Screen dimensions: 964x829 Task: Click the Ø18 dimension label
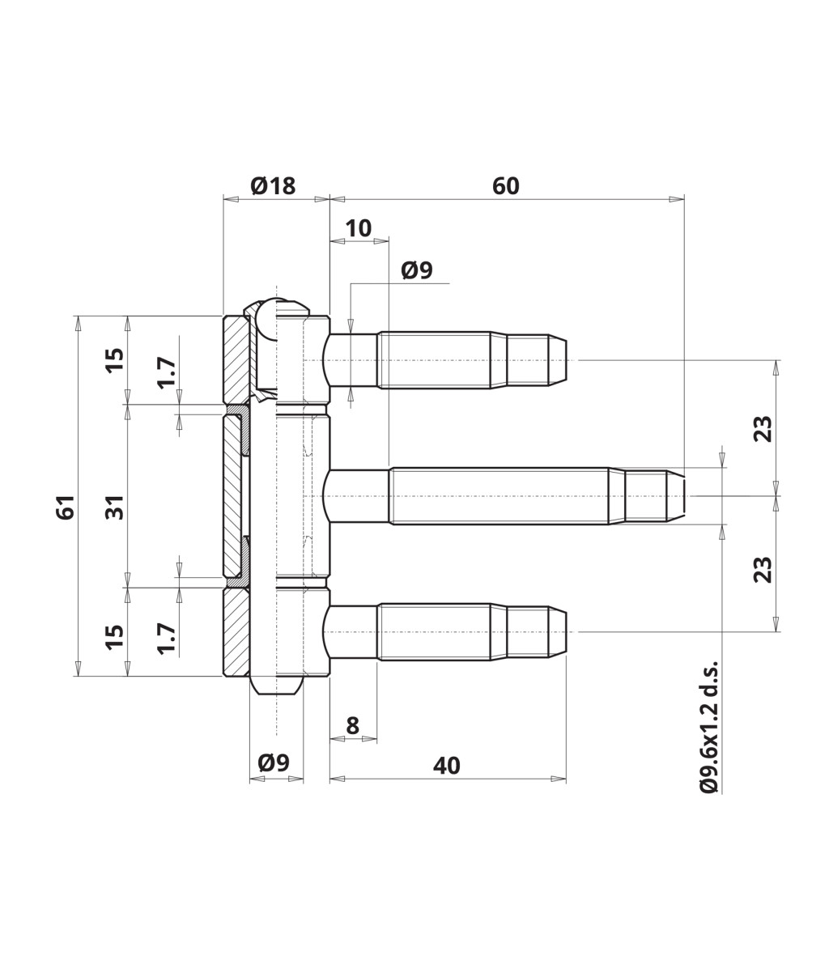(273, 186)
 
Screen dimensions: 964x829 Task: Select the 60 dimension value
(506, 186)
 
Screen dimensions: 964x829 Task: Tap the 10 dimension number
(359, 228)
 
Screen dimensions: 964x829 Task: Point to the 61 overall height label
(66, 507)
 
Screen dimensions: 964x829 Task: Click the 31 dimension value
(116, 507)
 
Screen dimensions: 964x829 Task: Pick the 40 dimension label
(447, 766)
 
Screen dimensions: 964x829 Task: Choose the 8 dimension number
(353, 726)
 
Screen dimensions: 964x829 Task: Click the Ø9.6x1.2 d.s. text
(709, 727)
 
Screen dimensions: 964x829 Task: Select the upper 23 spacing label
(763, 428)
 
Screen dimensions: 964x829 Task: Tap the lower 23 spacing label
(763, 569)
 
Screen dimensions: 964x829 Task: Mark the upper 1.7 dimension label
(167, 373)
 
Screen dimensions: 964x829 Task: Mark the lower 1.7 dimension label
(167, 638)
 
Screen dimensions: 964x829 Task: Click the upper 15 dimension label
(116, 359)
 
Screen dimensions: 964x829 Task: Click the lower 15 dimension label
(116, 635)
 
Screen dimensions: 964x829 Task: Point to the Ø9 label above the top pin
(417, 270)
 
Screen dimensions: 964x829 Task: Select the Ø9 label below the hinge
(274, 762)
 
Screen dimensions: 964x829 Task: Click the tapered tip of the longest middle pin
(677, 496)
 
